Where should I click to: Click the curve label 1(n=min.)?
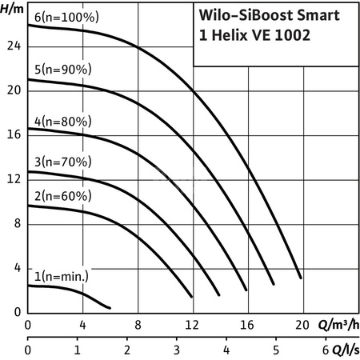tap(58, 277)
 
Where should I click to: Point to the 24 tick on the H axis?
tap(11, 46)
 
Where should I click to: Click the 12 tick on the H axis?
tap(11, 179)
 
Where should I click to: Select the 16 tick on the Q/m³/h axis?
tap(246, 325)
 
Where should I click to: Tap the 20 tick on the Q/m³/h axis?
tap(301, 325)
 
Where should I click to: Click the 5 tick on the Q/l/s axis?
tap(276, 350)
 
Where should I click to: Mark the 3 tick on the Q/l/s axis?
tap(177, 350)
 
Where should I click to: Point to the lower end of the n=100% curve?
tap(300, 278)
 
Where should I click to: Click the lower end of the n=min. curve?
tap(110, 307)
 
